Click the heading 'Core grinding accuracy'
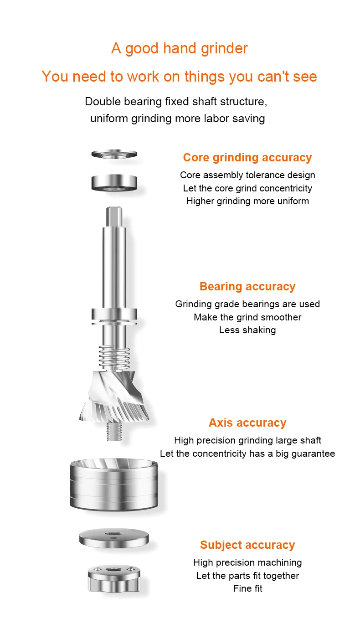247,157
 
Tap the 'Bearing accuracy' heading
247,286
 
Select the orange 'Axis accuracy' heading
247,423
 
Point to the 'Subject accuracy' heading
247,545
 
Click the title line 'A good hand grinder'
179,48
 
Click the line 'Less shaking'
247,330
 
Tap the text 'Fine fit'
247,588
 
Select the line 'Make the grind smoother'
247,317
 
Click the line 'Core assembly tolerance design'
247,175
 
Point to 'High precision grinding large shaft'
247,440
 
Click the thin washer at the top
114,154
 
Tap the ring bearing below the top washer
114,183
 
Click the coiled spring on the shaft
114,357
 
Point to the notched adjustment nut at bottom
114,578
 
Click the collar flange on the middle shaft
114,316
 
